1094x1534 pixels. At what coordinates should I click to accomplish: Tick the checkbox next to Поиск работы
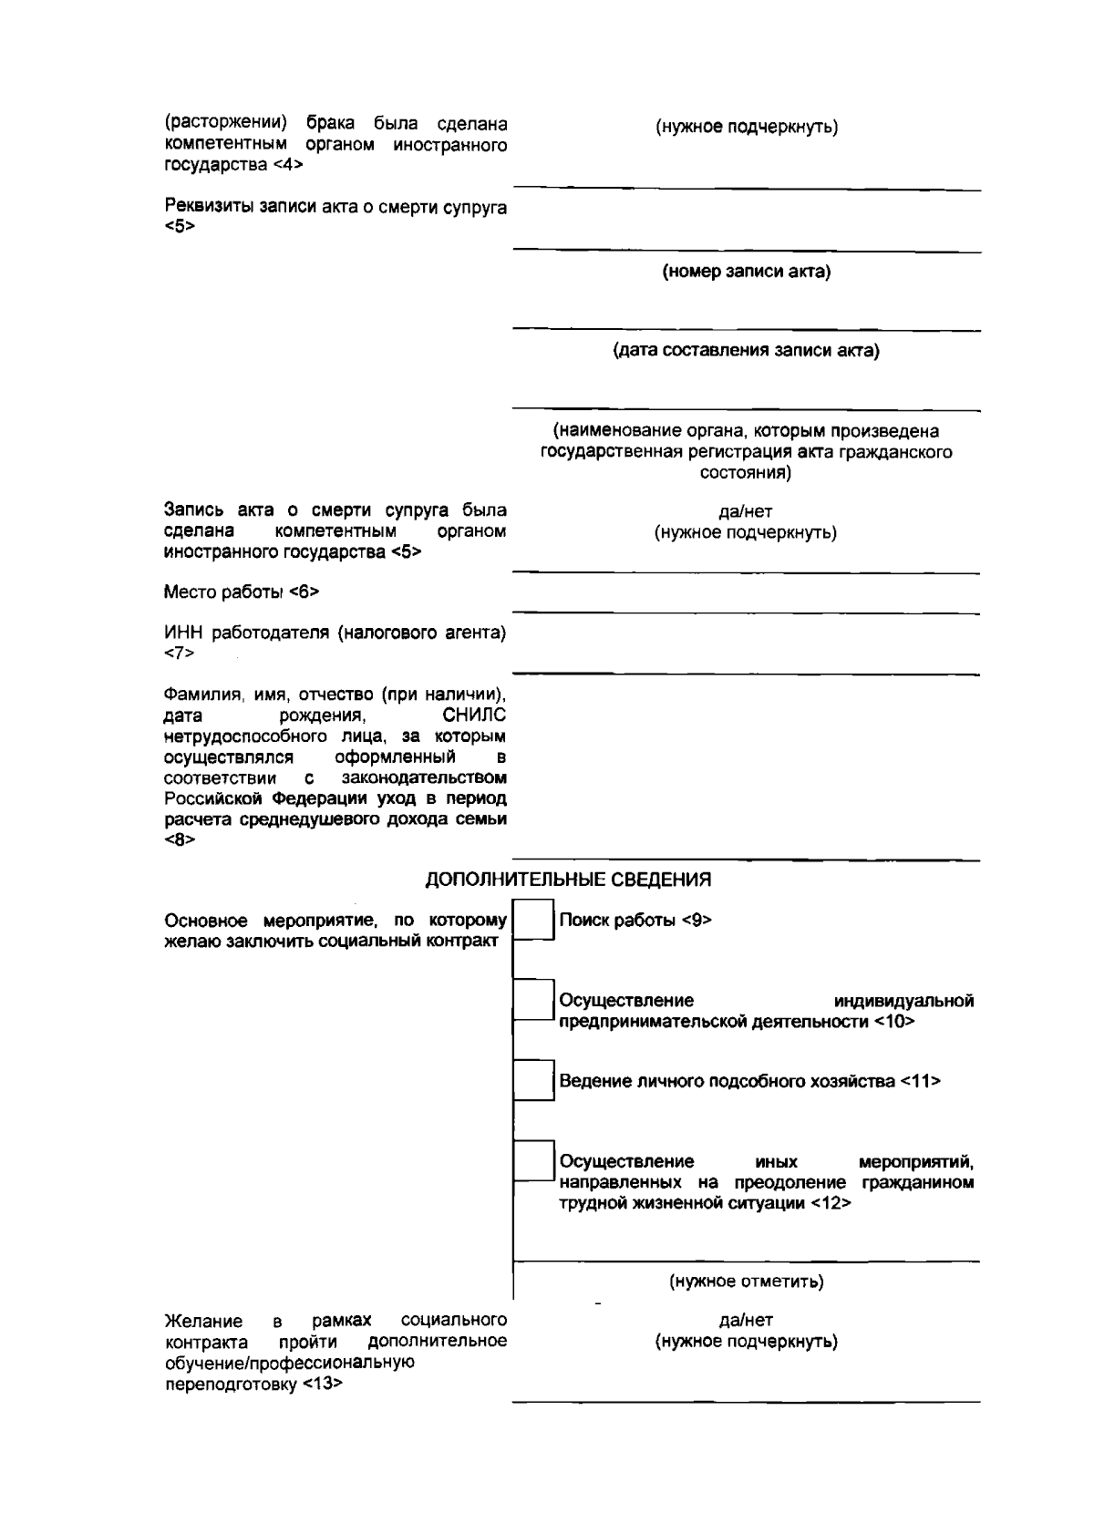(534, 920)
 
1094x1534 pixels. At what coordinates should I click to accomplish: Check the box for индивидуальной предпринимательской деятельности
(534, 1000)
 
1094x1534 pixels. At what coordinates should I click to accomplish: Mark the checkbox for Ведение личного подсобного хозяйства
(534, 1080)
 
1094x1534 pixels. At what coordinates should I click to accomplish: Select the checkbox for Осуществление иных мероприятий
(534, 1160)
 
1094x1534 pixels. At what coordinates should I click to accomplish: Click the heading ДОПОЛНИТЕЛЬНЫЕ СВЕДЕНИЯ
(568, 880)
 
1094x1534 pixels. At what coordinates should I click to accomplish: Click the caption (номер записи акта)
(746, 272)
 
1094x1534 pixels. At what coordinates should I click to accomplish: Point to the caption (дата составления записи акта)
(746, 350)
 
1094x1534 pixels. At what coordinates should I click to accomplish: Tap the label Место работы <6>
(242, 592)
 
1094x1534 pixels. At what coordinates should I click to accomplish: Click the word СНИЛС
(473, 716)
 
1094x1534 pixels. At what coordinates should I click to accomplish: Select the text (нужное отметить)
(746, 1282)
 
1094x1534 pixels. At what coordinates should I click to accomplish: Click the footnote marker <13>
(321, 1385)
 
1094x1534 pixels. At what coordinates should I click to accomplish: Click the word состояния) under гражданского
(745, 473)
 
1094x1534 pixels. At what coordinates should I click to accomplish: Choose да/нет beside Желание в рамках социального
(746, 1320)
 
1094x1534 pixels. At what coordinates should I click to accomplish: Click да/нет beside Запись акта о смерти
(745, 512)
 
